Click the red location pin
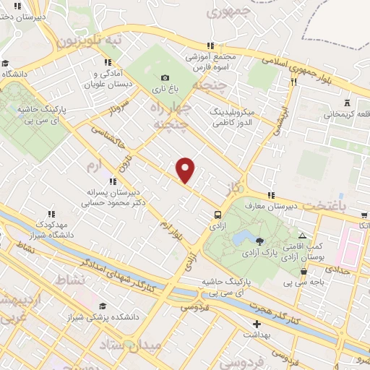[x=186, y=169]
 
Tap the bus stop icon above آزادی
[x=218, y=214]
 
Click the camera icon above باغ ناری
[x=165, y=78]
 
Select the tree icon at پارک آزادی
[x=259, y=242]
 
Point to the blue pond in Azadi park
[x=241, y=238]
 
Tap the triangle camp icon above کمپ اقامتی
[x=302, y=236]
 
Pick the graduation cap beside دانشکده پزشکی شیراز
[x=102, y=306]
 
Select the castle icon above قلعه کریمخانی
[x=347, y=103]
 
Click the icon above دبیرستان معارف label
[x=271, y=195]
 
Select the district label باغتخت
[x=343, y=206]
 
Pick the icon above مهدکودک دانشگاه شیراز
[x=52, y=214]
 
